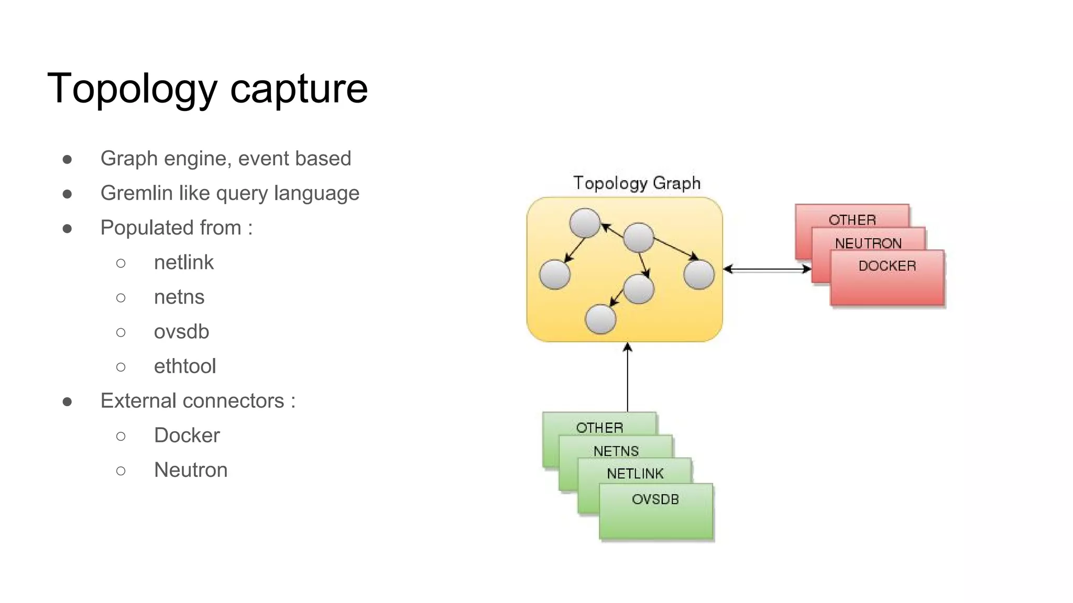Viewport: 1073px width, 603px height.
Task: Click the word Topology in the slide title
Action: (131, 89)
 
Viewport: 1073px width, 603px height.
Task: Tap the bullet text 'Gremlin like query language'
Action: (229, 193)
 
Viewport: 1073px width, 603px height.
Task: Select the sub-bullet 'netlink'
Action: (183, 262)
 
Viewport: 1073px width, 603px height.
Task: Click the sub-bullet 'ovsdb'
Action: (181, 332)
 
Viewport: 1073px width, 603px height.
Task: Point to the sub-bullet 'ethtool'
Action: (184, 366)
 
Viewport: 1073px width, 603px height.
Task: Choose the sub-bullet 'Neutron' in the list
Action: (191, 470)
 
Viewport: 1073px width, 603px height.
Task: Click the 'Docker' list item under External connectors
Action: (187, 435)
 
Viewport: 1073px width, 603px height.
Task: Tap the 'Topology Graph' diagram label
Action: (637, 183)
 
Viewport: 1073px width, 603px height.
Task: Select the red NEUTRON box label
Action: (868, 243)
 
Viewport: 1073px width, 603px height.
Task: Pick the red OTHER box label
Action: (852, 219)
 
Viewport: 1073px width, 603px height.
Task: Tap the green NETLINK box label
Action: (635, 473)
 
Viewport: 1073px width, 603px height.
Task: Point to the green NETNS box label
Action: (616, 451)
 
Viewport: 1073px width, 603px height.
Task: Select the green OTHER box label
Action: (599, 428)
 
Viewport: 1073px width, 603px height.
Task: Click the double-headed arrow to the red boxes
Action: (767, 269)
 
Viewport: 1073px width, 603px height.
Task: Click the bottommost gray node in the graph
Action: (600, 319)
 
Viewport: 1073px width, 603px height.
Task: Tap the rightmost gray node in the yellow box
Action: (699, 274)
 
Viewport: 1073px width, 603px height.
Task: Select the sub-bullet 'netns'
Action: (179, 297)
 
